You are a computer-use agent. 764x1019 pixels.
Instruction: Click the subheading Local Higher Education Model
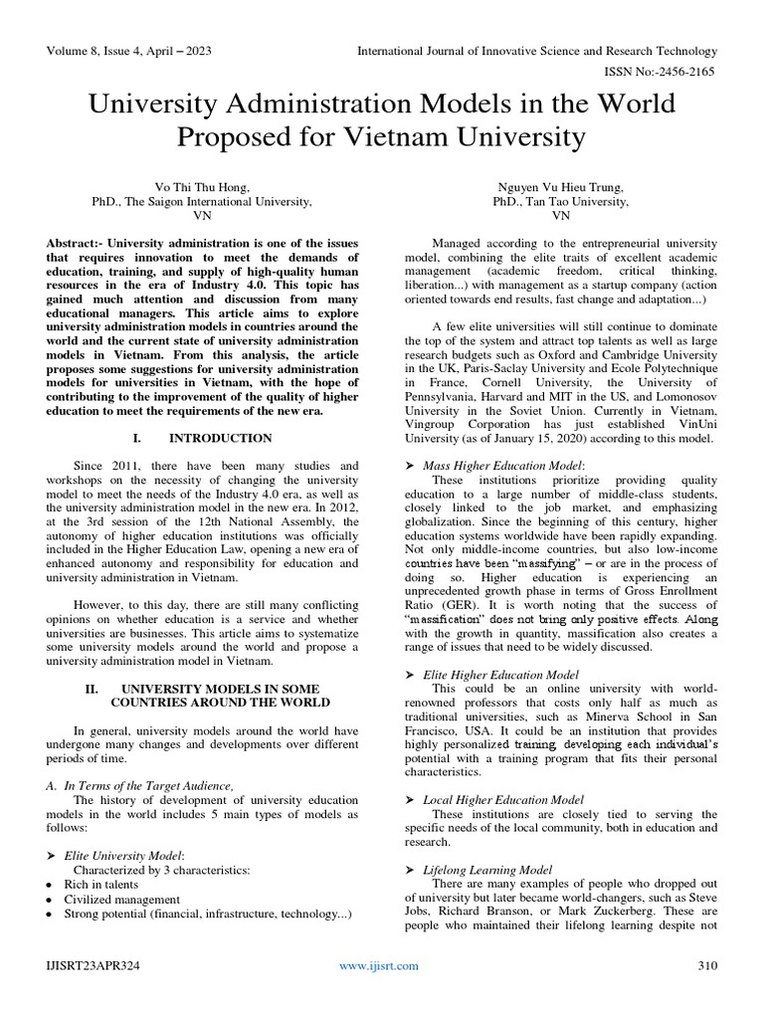point(503,799)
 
